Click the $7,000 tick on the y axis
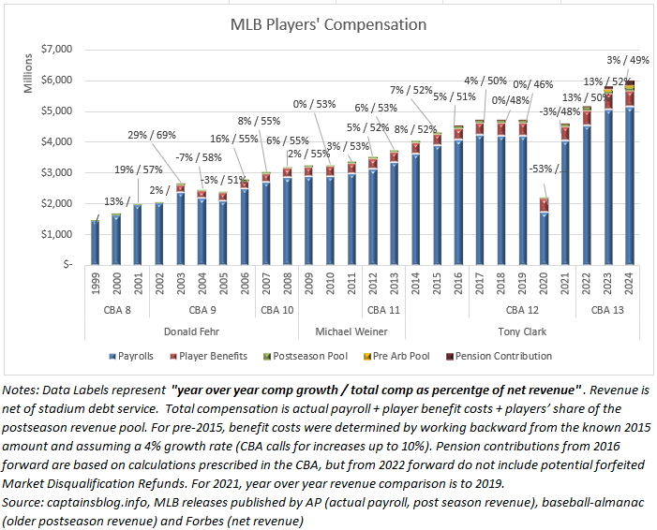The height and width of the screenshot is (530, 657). [62, 49]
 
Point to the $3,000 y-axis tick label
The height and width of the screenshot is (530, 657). [62, 172]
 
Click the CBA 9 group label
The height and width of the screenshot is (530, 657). [203, 308]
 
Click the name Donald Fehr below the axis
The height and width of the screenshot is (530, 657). [192, 331]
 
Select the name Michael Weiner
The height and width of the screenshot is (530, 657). [352, 331]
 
